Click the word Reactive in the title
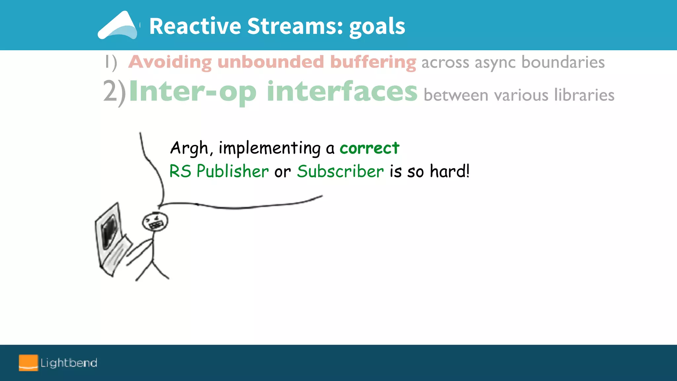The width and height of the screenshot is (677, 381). point(195,26)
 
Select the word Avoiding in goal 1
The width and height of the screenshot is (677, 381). point(170,62)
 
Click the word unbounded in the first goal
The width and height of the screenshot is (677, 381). point(270,62)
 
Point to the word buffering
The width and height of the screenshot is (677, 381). point(373,63)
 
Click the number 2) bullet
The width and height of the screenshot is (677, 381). point(114,92)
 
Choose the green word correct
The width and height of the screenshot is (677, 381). point(369,148)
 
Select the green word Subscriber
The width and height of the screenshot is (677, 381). point(340,171)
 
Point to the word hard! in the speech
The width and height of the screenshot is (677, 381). point(449,171)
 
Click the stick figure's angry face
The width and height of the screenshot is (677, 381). point(155,222)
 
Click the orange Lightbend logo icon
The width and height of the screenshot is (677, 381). point(28,363)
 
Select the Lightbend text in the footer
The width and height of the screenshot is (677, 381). point(69,363)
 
